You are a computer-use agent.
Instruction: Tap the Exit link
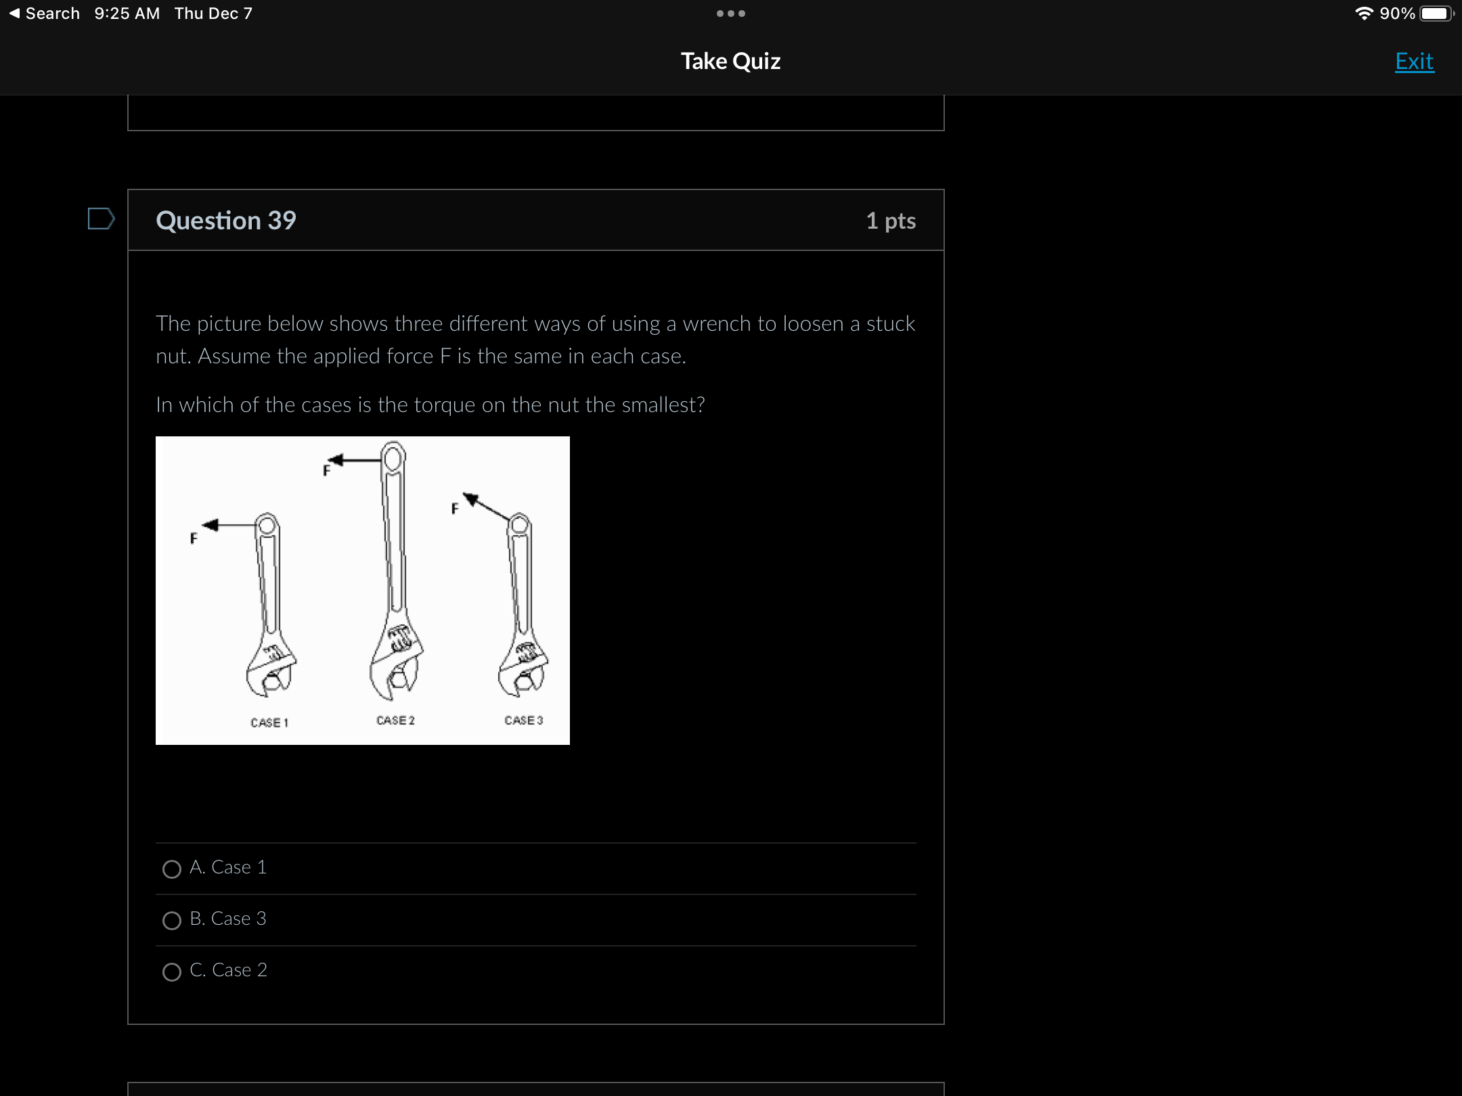click(1414, 62)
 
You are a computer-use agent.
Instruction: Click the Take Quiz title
click(730, 61)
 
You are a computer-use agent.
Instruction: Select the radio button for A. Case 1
click(172, 869)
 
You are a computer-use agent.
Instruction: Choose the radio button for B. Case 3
click(172, 920)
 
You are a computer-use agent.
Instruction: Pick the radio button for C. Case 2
click(172, 972)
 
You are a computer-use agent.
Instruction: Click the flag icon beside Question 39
click(101, 219)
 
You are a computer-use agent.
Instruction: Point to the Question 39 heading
click(226, 221)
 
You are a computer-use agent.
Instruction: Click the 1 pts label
click(891, 221)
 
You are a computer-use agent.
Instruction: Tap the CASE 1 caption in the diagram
click(269, 723)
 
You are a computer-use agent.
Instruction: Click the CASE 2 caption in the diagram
click(396, 721)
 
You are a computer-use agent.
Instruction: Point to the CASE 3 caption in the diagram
click(524, 721)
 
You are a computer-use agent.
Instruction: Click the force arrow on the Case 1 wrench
click(229, 525)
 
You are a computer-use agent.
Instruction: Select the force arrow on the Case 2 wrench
click(355, 460)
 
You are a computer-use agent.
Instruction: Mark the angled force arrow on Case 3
click(486, 506)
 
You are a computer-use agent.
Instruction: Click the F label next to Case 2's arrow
click(326, 470)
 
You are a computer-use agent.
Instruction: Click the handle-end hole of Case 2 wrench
click(393, 459)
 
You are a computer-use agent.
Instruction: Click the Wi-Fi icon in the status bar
click(1364, 14)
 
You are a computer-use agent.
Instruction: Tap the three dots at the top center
click(731, 14)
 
